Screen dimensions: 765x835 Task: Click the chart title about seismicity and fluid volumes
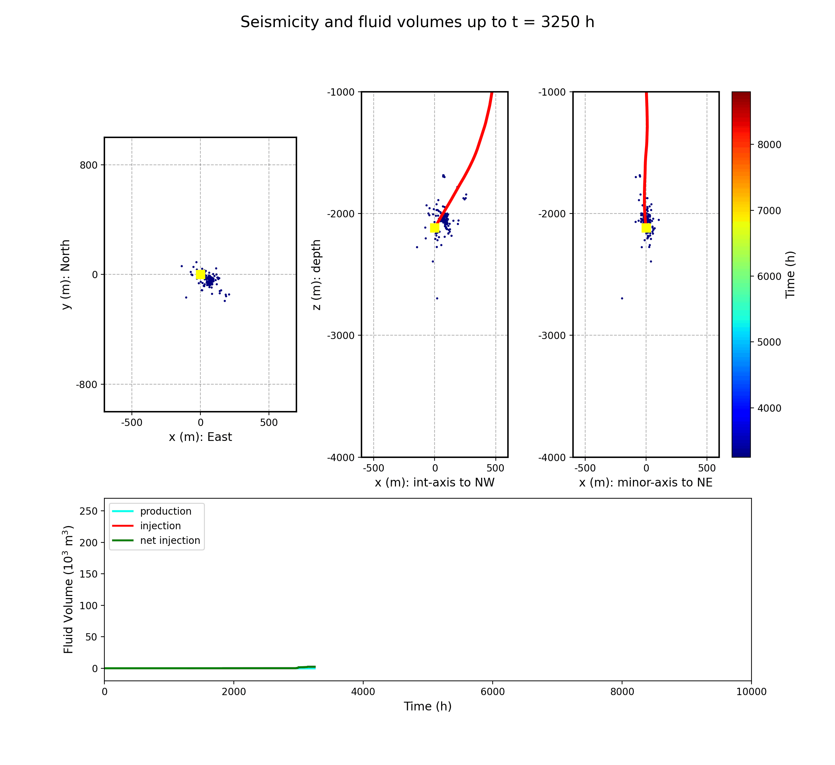coord(417,22)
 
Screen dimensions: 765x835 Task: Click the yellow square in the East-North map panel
coord(200,274)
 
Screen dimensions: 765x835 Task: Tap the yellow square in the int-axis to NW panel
coord(435,228)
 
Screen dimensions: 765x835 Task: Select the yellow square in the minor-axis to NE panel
coord(646,228)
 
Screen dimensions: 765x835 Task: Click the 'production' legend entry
coord(165,511)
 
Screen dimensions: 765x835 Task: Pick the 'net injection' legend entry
coord(170,541)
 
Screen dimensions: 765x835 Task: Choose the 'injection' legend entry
coord(160,526)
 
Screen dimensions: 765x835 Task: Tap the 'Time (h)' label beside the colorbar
coord(790,274)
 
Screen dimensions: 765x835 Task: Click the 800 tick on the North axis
coord(89,165)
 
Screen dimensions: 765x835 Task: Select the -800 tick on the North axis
coord(87,385)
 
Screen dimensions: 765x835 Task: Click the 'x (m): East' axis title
coord(200,437)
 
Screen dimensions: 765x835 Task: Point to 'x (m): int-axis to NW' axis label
coord(435,483)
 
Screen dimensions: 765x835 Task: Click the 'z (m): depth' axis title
coord(317,274)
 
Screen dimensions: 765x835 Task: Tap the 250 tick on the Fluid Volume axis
coord(89,511)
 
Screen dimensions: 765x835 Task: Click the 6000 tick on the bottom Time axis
coord(492,692)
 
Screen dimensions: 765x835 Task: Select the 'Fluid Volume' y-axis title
coord(68,589)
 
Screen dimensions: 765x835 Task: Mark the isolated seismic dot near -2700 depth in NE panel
coord(622,298)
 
